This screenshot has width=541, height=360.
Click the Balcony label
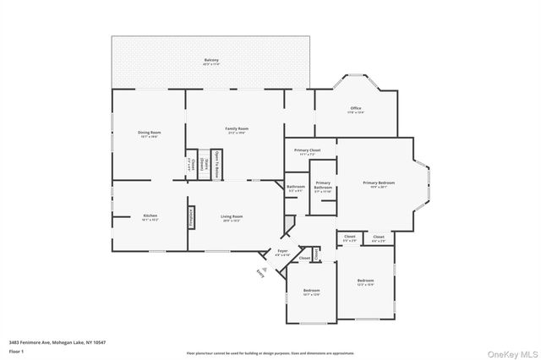coord(211,60)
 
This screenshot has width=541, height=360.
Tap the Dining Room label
coord(150,133)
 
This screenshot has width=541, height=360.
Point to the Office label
coord(356,109)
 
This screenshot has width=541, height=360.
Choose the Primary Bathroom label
coord(323,188)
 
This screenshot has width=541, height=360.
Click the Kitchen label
coord(150,217)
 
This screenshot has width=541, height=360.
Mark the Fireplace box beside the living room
coord(191,217)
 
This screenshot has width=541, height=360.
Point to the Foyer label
coord(282,252)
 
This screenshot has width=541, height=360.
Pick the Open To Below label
coord(216,164)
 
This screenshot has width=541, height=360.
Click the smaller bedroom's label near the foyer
coord(311,292)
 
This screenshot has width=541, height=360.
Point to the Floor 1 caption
coord(16,350)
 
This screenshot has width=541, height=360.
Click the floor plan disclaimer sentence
coord(270,352)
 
